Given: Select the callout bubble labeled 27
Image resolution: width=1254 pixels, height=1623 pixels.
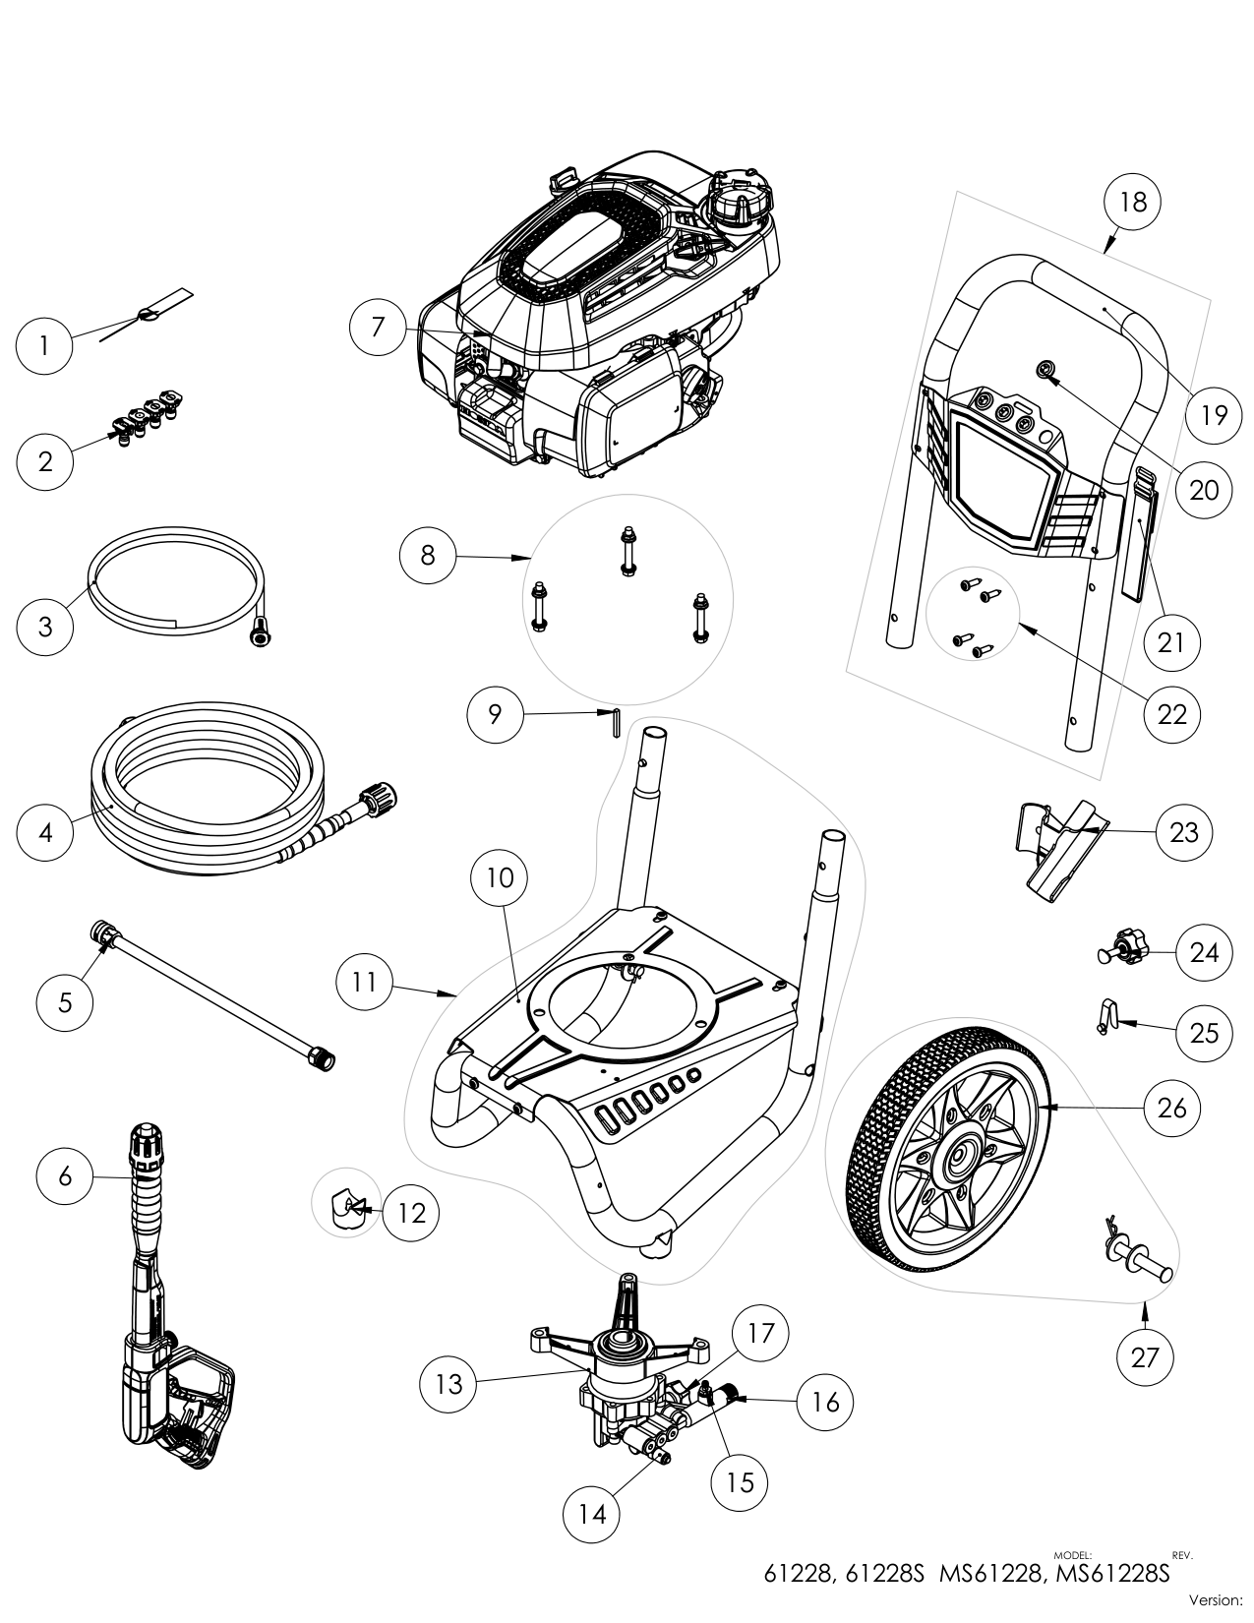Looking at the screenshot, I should click(x=1145, y=1357).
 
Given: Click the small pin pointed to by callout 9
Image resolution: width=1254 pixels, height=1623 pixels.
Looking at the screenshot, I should click(x=614, y=724).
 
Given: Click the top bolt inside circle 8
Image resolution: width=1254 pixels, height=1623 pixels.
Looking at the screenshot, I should click(x=626, y=550).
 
